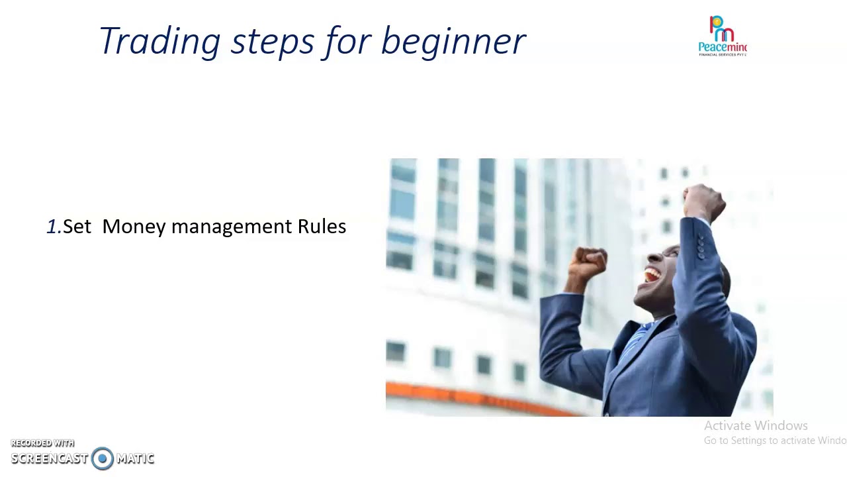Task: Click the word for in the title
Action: coord(348,41)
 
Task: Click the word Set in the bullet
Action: coord(77,227)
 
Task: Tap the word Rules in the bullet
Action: coord(322,227)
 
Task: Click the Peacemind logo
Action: coord(723,36)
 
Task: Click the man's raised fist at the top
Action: coord(703,201)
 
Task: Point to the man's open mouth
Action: coord(652,274)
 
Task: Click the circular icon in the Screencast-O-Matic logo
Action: coord(103,458)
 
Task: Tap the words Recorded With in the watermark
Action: coord(42,443)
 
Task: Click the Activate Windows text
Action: coord(756,426)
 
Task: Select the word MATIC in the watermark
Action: coord(135,458)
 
